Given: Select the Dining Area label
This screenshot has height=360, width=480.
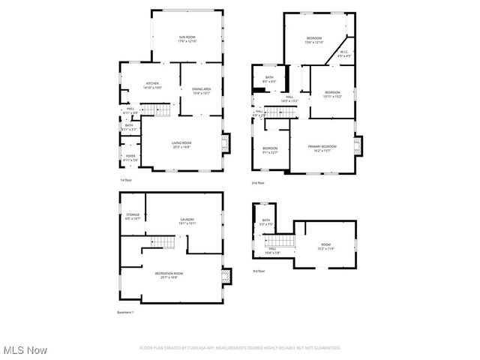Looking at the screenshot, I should click(x=202, y=91).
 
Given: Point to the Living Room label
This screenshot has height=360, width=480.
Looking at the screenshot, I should click(x=181, y=145).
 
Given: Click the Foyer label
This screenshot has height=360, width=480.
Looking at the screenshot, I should click(x=130, y=158).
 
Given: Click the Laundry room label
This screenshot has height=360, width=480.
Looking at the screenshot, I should click(x=187, y=221).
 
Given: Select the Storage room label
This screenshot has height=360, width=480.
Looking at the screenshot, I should click(x=133, y=217).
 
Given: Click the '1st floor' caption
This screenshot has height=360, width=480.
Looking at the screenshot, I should click(x=126, y=181).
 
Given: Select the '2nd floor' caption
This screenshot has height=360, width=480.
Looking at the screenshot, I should click(x=259, y=183).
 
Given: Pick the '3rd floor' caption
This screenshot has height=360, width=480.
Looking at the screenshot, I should click(x=258, y=271).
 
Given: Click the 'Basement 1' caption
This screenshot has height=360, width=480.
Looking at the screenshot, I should click(x=125, y=312).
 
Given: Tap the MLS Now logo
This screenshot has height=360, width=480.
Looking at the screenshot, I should click(x=25, y=350).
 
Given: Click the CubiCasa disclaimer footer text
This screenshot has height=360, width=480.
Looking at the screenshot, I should click(x=240, y=348).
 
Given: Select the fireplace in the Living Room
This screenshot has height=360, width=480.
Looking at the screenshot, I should click(x=227, y=142).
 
